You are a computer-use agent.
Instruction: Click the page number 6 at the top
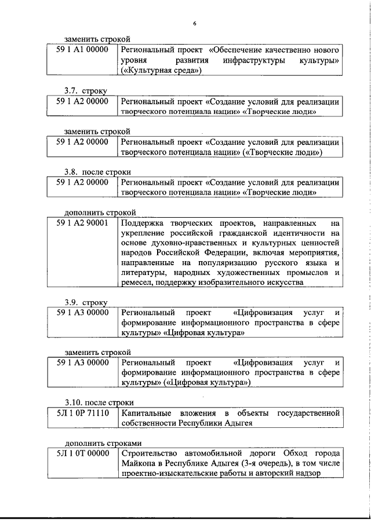click(x=195, y=23)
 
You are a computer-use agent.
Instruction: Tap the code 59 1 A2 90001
click(x=82, y=223)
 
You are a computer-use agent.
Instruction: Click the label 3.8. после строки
click(x=97, y=171)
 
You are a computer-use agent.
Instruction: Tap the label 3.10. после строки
click(x=99, y=419)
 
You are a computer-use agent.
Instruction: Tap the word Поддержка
click(x=143, y=223)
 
